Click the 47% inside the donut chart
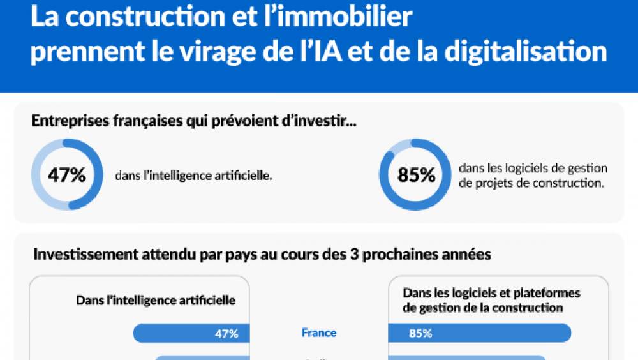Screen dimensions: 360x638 click(x=66, y=175)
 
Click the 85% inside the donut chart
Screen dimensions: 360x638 click(x=416, y=175)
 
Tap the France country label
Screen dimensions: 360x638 click(x=318, y=333)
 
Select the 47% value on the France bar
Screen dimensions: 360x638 click(x=226, y=333)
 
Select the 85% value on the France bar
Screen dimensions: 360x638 click(x=420, y=333)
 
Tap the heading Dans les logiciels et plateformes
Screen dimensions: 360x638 click(x=491, y=293)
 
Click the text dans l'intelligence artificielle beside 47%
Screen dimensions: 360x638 click(x=194, y=175)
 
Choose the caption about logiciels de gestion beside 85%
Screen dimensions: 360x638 click(x=533, y=175)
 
